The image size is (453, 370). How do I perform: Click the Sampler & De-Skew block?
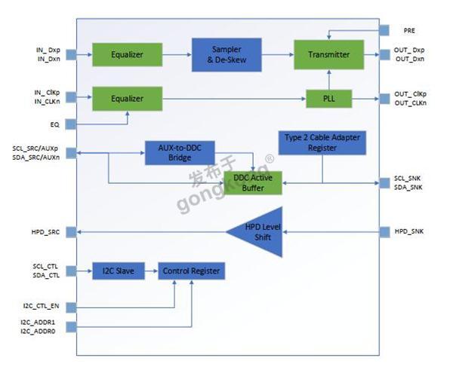click(x=226, y=55)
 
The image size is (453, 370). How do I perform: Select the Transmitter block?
click(x=328, y=54)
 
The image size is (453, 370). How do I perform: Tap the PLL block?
click(x=329, y=99)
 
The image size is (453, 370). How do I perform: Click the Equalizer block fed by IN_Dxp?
click(x=127, y=54)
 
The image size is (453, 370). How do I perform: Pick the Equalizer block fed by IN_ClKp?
click(x=127, y=99)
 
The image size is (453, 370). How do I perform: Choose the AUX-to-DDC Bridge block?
click(x=180, y=153)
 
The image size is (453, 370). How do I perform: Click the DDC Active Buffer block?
click(x=253, y=183)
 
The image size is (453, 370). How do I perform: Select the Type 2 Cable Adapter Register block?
click(x=322, y=142)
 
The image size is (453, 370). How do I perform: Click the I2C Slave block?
click(x=119, y=271)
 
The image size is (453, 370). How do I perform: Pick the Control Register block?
click(x=191, y=271)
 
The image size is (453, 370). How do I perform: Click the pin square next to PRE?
click(x=384, y=30)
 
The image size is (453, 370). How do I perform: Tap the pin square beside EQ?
click(x=71, y=124)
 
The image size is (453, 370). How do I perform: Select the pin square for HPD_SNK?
click(x=384, y=232)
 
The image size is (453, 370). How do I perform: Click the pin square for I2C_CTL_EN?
click(x=71, y=307)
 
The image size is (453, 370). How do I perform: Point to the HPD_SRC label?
click(x=45, y=232)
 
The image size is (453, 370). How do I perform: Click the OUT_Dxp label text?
click(x=409, y=50)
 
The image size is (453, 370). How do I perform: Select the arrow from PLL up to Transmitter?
click(x=328, y=80)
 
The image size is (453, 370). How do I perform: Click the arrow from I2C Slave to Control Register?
click(x=152, y=271)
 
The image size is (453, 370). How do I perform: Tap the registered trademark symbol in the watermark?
click(x=270, y=159)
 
